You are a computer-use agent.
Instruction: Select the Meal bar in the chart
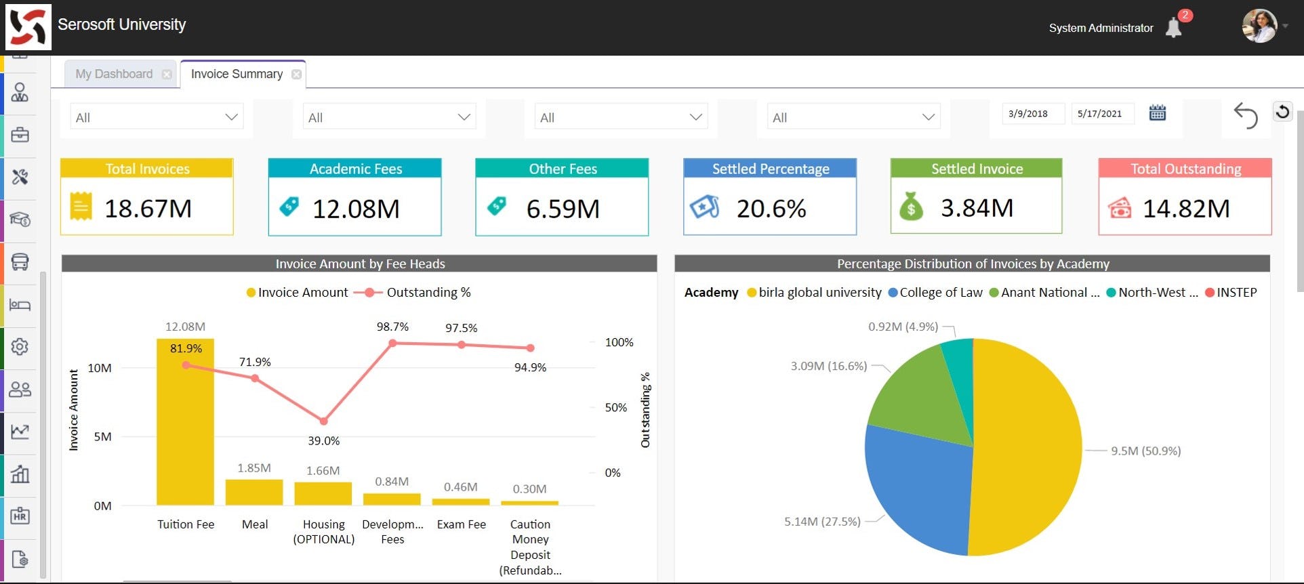pos(254,493)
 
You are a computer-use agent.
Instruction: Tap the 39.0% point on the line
pos(323,421)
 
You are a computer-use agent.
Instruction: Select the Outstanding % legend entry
pos(428,293)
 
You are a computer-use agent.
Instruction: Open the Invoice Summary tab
pos(237,74)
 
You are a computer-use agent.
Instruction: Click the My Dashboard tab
pos(114,74)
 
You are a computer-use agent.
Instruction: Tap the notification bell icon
pos(1173,28)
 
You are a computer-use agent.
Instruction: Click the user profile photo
pos(1259,26)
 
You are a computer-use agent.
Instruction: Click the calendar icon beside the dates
pos(1158,113)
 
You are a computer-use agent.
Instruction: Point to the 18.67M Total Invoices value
pos(148,209)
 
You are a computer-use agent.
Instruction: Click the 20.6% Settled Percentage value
pos(771,209)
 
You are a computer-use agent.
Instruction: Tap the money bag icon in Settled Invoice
pos(911,207)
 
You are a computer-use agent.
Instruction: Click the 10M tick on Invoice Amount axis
pos(100,368)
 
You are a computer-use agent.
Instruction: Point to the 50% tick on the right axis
pos(615,407)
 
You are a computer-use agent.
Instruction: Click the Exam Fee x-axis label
pos(461,524)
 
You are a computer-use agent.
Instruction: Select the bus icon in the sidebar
pos(20,262)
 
